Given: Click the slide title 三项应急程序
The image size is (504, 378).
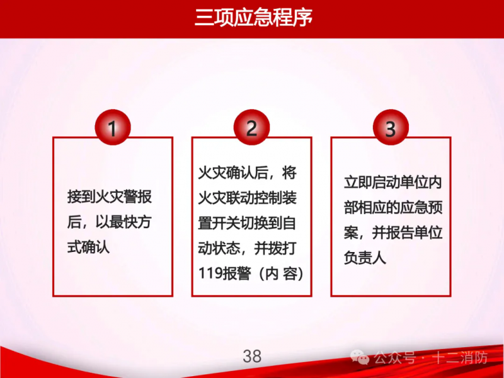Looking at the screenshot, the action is [253, 18].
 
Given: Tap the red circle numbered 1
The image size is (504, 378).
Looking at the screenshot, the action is [113, 128].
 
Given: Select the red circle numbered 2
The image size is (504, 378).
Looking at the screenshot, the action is [251, 128].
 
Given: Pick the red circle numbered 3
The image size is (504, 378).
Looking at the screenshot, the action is [391, 128].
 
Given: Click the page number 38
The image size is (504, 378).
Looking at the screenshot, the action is [252, 357].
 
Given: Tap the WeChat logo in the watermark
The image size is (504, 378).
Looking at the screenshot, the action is [360, 357].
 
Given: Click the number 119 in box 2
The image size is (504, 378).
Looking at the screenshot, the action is [210, 273].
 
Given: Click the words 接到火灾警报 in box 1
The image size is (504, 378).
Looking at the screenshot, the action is [110, 197].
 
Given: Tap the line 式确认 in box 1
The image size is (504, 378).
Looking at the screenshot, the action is [88, 247].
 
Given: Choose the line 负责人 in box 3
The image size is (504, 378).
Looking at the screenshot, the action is [365, 258].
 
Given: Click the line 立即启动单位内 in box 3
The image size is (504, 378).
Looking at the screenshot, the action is [393, 183].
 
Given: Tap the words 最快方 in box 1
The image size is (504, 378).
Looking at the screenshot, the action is [130, 222].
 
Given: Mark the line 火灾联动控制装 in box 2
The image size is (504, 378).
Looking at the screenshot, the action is [247, 198].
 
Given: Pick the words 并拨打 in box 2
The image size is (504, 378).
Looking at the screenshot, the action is [275, 248].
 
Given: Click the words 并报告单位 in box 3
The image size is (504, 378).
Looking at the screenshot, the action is [407, 232].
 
